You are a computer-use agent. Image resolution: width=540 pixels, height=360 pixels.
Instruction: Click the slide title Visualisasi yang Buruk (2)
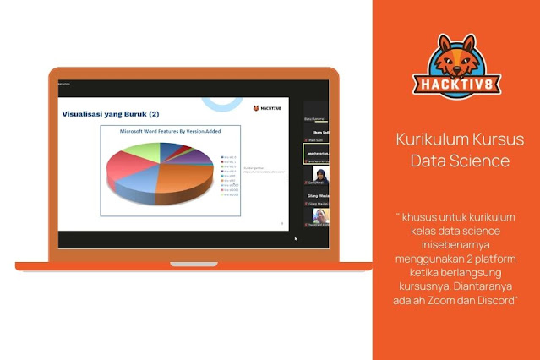click(x=111, y=113)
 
